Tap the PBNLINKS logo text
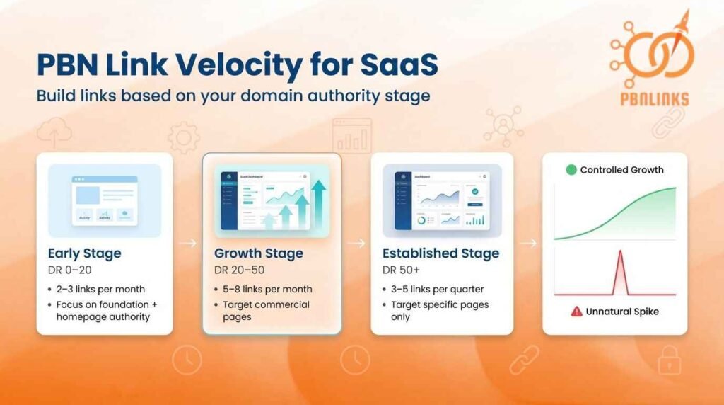[x=648, y=98]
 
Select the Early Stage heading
[x=84, y=253]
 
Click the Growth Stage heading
[x=258, y=253]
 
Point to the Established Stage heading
[x=440, y=253]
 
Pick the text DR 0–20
[x=71, y=270]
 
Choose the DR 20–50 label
[x=240, y=270]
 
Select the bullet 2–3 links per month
[x=100, y=289]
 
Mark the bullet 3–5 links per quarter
[x=438, y=289]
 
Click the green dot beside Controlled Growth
[x=571, y=170]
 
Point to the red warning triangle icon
[x=576, y=311]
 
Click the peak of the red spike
[x=619, y=251]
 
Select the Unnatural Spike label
[x=622, y=311]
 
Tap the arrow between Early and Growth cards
[x=187, y=243]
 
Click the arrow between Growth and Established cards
[x=356, y=243]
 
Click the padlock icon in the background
[x=668, y=360]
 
